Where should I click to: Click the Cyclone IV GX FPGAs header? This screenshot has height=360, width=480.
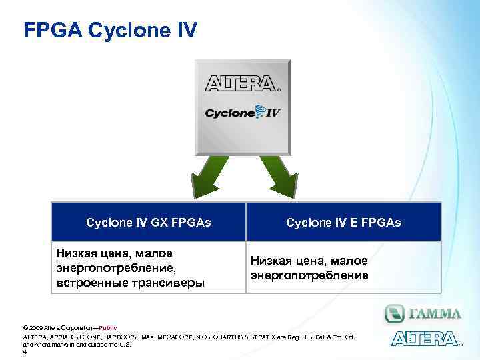pyautogui.click(x=149, y=222)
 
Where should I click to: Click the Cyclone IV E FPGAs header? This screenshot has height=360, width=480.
pyautogui.click(x=343, y=222)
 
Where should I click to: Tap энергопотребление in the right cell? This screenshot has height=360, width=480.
pyautogui.click(x=309, y=275)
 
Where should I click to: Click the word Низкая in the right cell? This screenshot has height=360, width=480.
pyautogui.click(x=272, y=261)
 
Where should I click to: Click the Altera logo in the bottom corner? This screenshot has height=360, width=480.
pyautogui.click(x=425, y=339)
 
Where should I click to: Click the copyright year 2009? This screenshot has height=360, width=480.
pyautogui.click(x=35, y=329)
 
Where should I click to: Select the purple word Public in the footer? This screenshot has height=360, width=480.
pyautogui.click(x=107, y=329)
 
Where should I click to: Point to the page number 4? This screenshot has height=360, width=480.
pyautogui.click(x=25, y=352)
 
